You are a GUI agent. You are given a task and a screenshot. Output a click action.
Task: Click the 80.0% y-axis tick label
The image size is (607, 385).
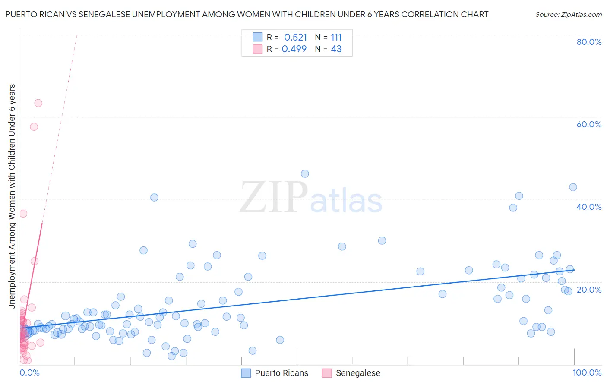point(589,42)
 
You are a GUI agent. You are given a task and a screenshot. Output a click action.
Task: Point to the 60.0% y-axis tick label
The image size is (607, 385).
point(589,124)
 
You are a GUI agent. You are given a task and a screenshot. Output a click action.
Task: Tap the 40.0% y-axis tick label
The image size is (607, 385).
point(589,207)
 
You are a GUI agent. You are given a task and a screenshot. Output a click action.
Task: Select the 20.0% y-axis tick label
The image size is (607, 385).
point(589,290)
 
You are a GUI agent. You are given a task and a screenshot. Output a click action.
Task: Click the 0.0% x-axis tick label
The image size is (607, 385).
point(29,372)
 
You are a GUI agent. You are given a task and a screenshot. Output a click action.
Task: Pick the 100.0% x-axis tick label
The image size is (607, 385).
point(587,372)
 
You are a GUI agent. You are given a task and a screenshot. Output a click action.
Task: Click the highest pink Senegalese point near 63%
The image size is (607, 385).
point(38,103)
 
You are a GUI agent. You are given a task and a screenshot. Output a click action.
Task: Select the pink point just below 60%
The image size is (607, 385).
point(34,127)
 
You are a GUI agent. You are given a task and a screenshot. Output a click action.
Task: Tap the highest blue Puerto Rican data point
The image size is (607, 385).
point(305,174)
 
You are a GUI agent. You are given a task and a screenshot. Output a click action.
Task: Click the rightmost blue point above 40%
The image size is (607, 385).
point(573,187)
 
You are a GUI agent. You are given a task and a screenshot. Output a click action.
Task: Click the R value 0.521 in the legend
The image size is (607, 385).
point(295,38)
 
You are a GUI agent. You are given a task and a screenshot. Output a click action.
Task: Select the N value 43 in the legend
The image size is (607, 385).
point(336,49)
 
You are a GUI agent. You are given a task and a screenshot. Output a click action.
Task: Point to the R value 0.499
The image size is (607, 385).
point(294,49)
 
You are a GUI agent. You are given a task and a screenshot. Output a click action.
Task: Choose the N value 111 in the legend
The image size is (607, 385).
point(336,38)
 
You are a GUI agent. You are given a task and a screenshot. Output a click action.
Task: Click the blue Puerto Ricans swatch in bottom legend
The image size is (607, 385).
point(246,373)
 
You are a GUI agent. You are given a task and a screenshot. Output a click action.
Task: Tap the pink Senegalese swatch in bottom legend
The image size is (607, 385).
point(327,373)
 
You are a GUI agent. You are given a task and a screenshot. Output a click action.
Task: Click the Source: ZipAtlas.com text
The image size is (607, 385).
point(568,15)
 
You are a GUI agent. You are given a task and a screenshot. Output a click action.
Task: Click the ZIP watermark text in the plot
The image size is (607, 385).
point(274,198)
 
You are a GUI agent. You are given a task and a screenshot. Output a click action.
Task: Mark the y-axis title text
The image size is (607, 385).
point(12,197)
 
